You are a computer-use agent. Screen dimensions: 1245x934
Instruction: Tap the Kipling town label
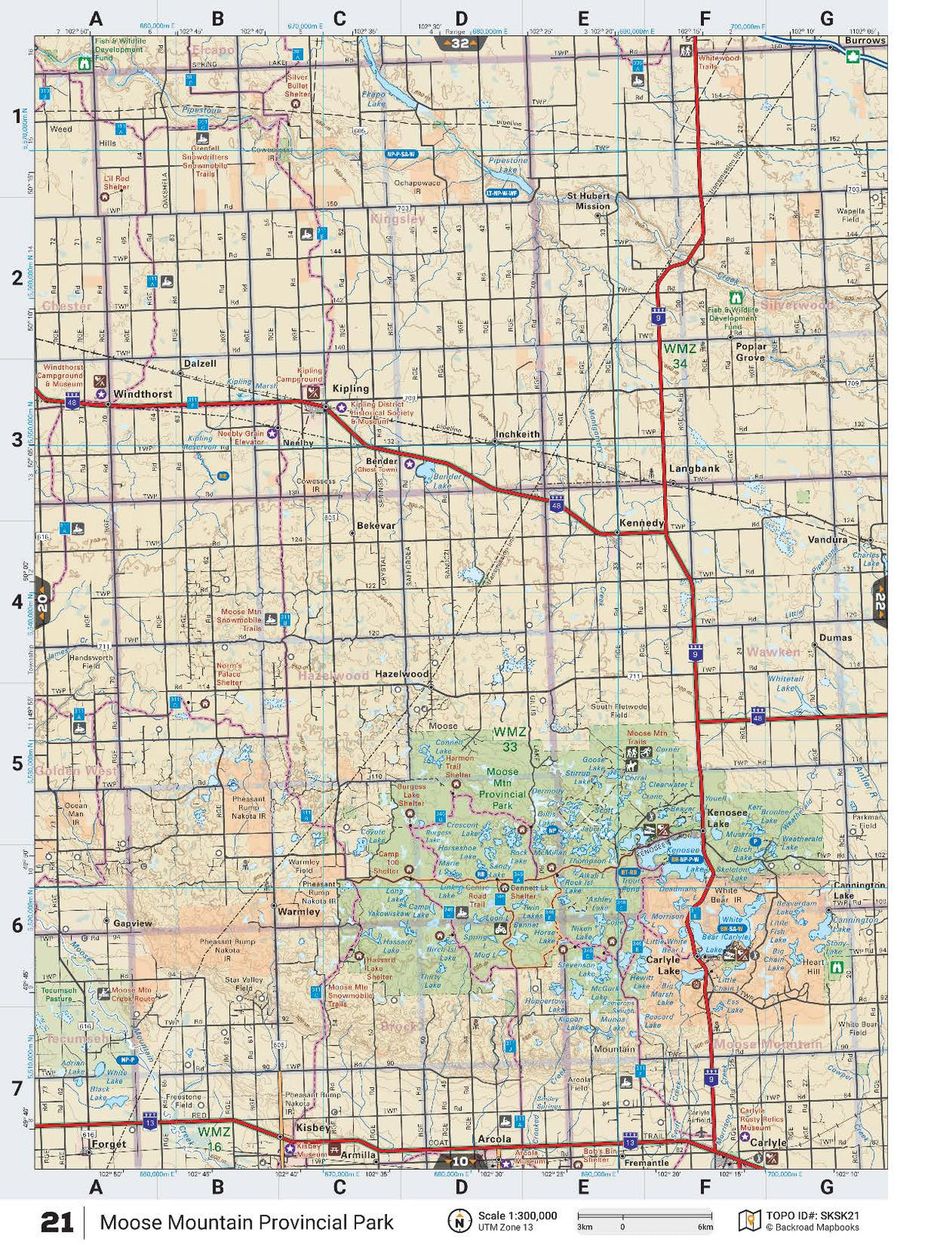tap(350, 389)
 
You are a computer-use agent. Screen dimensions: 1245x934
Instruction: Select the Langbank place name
tap(694, 469)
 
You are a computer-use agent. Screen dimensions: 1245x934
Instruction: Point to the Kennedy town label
tap(641, 523)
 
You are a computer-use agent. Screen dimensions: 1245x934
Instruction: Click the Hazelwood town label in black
tap(402, 674)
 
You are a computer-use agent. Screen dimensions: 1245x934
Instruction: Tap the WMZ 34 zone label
tap(679, 355)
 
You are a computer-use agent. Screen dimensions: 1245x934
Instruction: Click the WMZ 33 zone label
tap(509, 739)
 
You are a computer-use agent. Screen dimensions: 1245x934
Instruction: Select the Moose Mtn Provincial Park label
tap(502, 789)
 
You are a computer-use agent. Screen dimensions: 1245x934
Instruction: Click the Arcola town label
tap(494, 1139)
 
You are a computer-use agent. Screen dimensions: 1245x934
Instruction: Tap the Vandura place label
tap(827, 540)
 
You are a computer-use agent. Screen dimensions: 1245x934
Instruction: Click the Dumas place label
tap(836, 638)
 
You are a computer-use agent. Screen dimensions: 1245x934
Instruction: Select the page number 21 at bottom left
tap(57, 1222)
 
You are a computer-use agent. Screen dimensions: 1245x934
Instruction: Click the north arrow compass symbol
tap(460, 1220)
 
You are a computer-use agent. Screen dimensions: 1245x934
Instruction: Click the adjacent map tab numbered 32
tap(460, 44)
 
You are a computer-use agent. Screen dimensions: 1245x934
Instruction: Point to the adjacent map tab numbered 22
tap(879, 601)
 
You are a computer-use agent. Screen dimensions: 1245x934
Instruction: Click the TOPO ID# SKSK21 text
tap(812, 1216)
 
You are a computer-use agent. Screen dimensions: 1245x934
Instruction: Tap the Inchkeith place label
tap(517, 435)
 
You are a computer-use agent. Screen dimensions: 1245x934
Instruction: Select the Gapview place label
tap(132, 923)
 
